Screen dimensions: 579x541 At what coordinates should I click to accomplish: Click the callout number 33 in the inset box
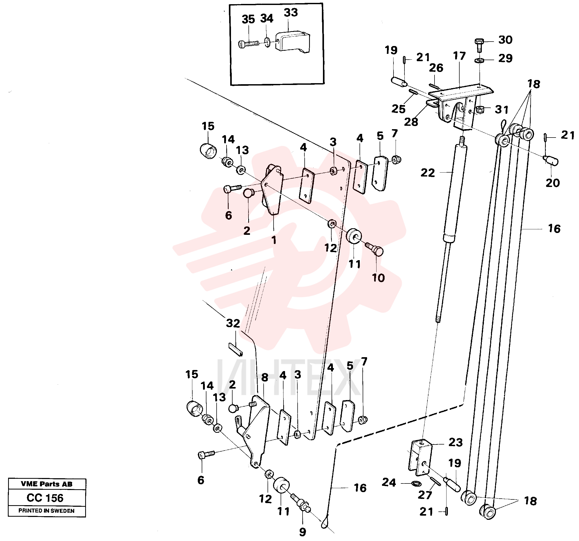tap(291, 13)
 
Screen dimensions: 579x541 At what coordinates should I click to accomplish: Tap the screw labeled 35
tap(248, 44)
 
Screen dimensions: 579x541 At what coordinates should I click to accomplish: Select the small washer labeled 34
tap(267, 42)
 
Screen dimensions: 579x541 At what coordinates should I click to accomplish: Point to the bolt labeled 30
tap(479, 45)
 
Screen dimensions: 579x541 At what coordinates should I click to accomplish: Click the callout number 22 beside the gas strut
tap(427, 173)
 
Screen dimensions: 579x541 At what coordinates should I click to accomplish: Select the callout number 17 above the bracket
tap(459, 56)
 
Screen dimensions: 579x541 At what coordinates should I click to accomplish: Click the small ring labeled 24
tap(417, 484)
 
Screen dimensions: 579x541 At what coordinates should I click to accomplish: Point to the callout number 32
tap(233, 323)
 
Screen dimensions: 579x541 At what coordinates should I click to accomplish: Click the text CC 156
tap(45, 498)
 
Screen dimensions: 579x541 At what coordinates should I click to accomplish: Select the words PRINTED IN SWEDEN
tap(47, 511)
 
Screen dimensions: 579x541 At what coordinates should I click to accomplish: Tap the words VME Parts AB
tap(47, 484)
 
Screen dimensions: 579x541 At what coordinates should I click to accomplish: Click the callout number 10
tap(378, 278)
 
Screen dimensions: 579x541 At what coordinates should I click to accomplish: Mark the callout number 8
tap(264, 378)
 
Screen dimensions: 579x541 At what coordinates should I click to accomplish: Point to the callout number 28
tap(411, 122)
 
